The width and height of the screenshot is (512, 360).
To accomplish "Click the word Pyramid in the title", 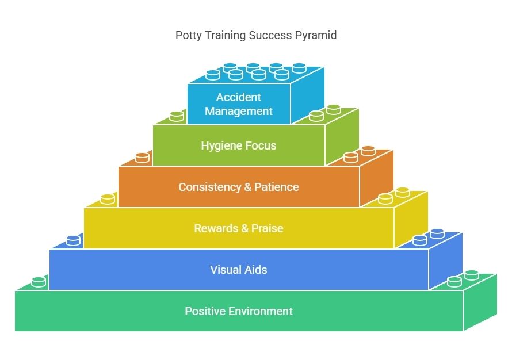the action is (x=315, y=35).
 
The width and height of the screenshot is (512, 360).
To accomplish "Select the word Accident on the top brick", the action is (x=239, y=97).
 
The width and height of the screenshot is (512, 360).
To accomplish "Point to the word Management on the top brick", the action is (x=239, y=112).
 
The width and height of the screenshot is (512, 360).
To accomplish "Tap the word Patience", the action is (x=277, y=187).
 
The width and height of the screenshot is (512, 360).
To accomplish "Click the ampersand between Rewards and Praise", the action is (x=245, y=228).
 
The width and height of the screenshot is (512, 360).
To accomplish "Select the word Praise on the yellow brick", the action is (x=268, y=228).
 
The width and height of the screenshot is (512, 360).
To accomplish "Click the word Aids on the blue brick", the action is (x=256, y=270).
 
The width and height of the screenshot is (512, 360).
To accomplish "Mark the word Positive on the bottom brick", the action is (x=205, y=311).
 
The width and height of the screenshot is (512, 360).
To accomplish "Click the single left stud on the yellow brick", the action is (x=108, y=199).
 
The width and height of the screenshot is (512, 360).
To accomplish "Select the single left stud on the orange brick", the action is (x=142, y=158).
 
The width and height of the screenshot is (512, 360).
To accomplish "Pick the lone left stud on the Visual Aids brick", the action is (x=73, y=240).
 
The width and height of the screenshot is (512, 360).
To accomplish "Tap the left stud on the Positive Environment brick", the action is (x=39, y=282).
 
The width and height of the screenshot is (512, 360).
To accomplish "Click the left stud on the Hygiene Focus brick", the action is (x=177, y=116).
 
